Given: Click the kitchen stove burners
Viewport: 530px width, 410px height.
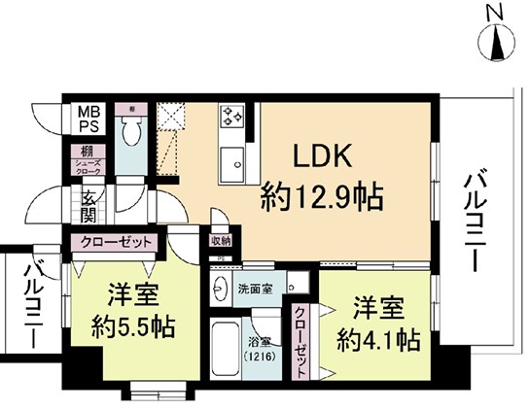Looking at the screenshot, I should [x=231, y=118].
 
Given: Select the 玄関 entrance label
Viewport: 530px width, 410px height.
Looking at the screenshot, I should [x=88, y=205].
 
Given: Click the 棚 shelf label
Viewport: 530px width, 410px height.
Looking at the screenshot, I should [x=88, y=152].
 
